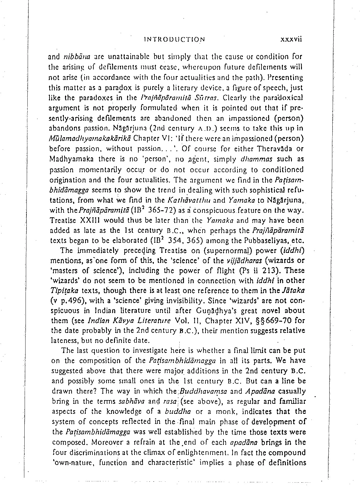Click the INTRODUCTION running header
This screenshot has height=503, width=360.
174,39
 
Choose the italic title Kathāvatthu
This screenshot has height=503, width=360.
197,200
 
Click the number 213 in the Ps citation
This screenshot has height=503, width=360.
273,271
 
